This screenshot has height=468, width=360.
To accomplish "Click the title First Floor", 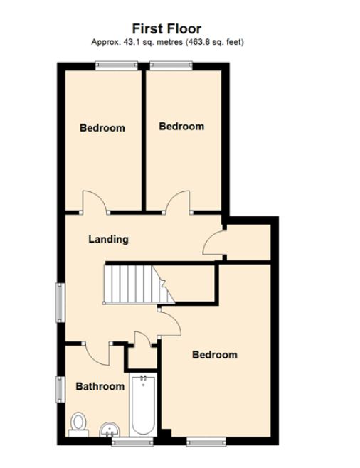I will coord(166,28).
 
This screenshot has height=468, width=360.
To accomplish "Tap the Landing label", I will coord(108,239).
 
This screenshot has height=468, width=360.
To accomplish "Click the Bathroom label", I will coord(100,386).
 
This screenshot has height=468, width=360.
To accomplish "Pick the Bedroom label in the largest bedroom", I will coord(214,355).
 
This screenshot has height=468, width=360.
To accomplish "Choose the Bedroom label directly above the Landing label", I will coord(102,128).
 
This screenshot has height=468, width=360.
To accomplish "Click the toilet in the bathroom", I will coord(78,425).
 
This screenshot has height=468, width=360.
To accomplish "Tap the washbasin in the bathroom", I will coord(109,430).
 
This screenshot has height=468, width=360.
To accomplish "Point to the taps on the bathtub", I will coord(143,378).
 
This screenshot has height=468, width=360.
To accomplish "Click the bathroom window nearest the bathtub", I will coord(123,442).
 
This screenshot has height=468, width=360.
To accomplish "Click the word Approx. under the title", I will coord(104,43).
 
